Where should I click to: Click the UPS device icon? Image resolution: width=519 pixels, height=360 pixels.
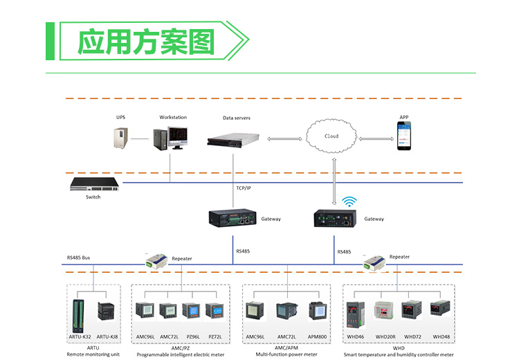click(x=122, y=137)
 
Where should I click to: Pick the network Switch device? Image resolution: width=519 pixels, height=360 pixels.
click(x=94, y=185)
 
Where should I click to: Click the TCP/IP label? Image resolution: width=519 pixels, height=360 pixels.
click(x=244, y=188)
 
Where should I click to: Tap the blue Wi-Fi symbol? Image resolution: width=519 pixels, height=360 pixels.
click(x=350, y=201)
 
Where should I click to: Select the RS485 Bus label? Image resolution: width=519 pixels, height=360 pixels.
click(x=78, y=258)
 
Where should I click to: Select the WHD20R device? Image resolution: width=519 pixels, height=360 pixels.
click(x=385, y=313)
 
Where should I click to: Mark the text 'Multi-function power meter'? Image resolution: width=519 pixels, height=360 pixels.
click(x=286, y=354)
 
